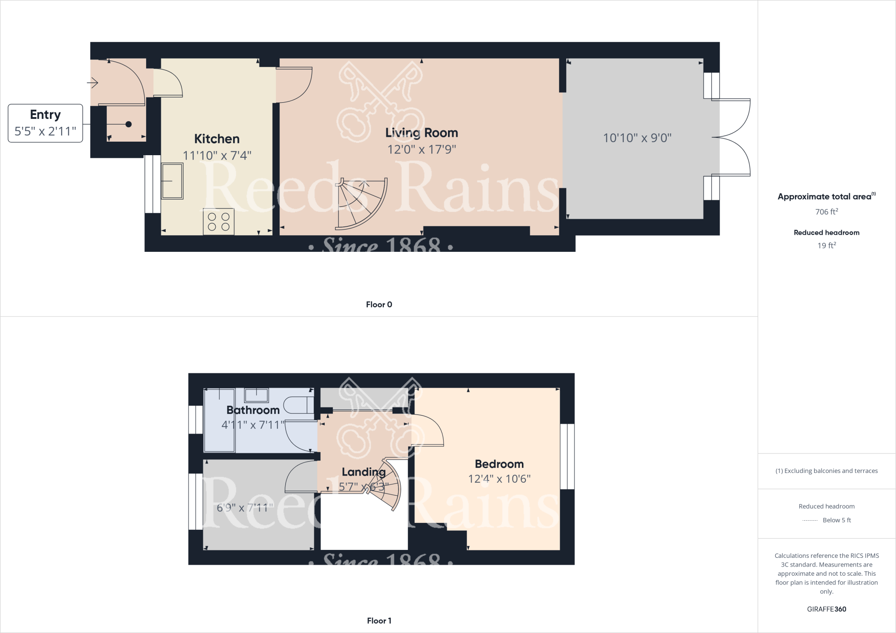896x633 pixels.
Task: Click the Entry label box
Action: coord(45,123)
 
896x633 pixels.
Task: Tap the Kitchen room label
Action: coord(217,139)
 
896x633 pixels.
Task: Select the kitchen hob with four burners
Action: coord(219,222)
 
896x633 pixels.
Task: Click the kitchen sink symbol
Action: coord(172,181)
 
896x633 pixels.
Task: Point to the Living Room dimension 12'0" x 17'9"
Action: coord(421,150)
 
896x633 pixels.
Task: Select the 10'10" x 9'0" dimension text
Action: coord(637,138)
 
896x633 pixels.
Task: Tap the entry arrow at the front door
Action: coord(92,82)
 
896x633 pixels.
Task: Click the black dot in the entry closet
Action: coord(129,124)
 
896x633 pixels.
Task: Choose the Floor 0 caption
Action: coord(379,305)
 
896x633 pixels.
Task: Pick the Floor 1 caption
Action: coord(379,621)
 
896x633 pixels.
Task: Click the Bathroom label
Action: coord(253,410)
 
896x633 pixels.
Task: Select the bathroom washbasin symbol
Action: coord(256,395)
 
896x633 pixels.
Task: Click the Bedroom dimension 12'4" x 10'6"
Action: coord(499,479)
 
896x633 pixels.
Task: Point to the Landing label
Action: coord(364,472)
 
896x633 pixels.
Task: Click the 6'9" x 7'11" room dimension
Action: coord(245,508)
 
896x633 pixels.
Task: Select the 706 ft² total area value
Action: coord(826,212)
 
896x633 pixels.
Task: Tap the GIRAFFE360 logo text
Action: coord(826,609)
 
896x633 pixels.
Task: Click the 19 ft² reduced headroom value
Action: coord(826,246)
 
